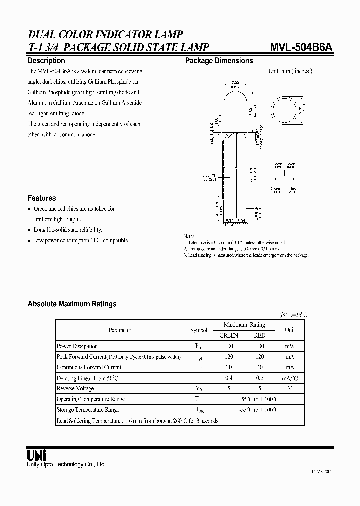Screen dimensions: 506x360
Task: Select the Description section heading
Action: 46,61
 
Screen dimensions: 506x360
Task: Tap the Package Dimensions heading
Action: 219,61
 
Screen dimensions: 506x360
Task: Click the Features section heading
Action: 42,198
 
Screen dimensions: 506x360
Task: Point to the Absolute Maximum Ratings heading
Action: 72,304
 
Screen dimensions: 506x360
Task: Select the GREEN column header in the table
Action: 229,335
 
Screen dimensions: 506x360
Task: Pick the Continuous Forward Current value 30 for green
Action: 229,367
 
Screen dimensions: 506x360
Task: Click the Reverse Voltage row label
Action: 75,388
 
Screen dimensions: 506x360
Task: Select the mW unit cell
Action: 290,346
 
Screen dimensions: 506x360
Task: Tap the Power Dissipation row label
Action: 77,346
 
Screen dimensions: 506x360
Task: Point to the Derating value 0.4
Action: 229,378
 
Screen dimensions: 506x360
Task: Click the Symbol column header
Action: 198,330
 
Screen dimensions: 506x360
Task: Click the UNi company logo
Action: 36,455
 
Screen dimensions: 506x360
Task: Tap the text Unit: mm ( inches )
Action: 290,71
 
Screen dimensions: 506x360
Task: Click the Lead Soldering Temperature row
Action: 137,421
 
